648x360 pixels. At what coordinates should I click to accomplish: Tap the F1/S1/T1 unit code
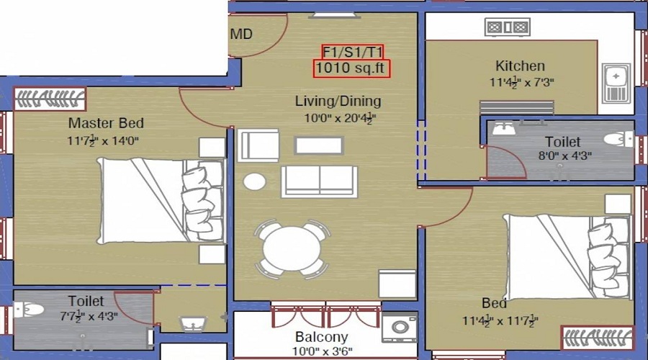coord(352,51)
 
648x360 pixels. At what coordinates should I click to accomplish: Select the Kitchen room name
coord(519,66)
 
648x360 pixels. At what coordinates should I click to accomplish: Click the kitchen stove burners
coord(508,27)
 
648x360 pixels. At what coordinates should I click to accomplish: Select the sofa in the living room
coord(318,181)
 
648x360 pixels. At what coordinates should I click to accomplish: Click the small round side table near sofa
coord(254,181)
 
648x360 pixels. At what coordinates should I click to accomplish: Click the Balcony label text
coord(321,337)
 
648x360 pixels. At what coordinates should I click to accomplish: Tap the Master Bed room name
coord(105,122)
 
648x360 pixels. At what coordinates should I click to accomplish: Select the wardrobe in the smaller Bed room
coord(597,336)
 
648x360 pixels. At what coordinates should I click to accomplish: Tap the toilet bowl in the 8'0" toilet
coord(616,139)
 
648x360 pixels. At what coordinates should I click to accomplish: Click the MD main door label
coord(241,34)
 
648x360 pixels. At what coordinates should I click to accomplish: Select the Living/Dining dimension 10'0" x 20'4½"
coord(338,117)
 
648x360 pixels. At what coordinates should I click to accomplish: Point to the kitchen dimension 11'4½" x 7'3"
coord(521,82)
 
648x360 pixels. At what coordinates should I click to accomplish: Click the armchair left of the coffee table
coord(258,145)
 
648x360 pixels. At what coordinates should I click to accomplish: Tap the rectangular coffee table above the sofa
coord(319,145)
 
